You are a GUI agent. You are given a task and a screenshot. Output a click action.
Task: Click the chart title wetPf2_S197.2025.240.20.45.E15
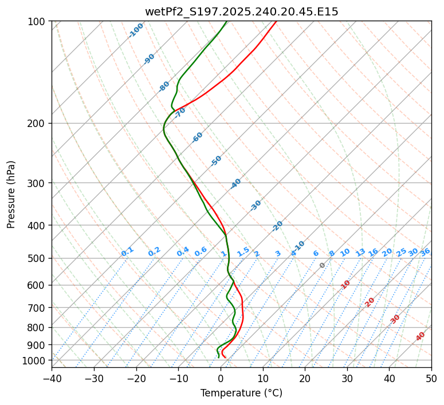click(x=241, y=11)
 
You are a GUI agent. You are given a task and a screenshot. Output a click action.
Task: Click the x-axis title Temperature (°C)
click(x=241, y=394)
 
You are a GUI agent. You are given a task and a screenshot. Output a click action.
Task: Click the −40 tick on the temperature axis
click(x=52, y=379)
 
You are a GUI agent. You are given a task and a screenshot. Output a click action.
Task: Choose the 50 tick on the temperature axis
click(x=431, y=379)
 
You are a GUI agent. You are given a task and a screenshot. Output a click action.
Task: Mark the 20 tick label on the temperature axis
click(x=305, y=379)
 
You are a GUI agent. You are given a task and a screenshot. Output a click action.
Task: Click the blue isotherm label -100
click(x=136, y=30)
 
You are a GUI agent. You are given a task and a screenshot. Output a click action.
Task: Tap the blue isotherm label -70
click(x=180, y=113)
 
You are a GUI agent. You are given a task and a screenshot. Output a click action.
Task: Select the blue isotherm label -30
click(x=256, y=205)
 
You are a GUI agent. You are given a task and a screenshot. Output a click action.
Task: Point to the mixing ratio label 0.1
click(x=127, y=252)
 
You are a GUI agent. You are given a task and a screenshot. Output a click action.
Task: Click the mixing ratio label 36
click(x=425, y=252)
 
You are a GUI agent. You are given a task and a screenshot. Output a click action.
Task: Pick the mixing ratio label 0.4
click(x=183, y=252)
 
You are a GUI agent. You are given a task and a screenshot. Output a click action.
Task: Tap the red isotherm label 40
click(x=421, y=336)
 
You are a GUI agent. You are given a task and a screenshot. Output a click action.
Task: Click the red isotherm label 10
click(x=345, y=284)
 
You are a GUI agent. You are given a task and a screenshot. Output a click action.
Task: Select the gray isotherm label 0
click(x=322, y=265)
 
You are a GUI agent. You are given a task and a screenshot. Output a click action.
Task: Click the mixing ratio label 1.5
click(x=243, y=252)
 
